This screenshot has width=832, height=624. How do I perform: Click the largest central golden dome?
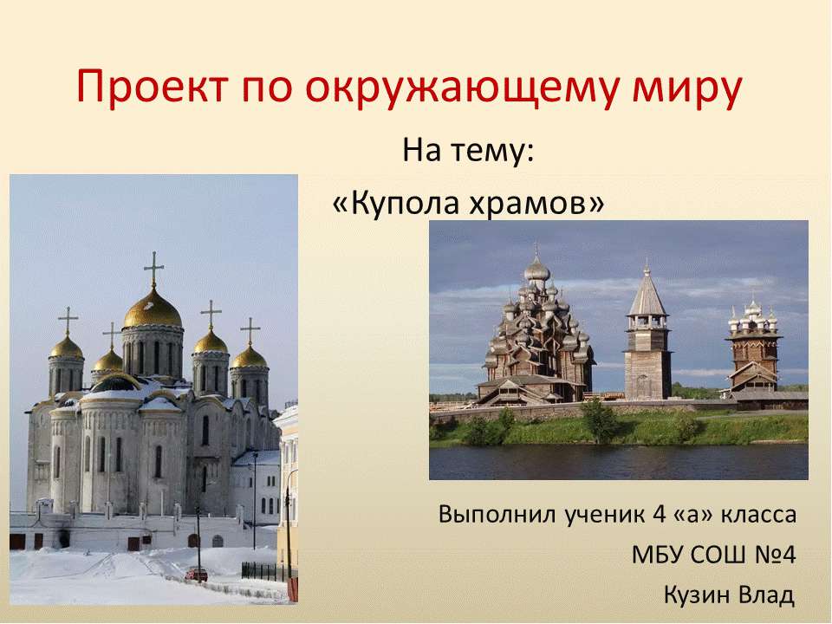tap(153, 310)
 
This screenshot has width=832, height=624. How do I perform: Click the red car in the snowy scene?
tap(197, 573)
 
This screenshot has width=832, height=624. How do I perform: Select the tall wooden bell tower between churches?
tap(647, 338)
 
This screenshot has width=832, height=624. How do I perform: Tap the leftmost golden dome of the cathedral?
tap(66, 348)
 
